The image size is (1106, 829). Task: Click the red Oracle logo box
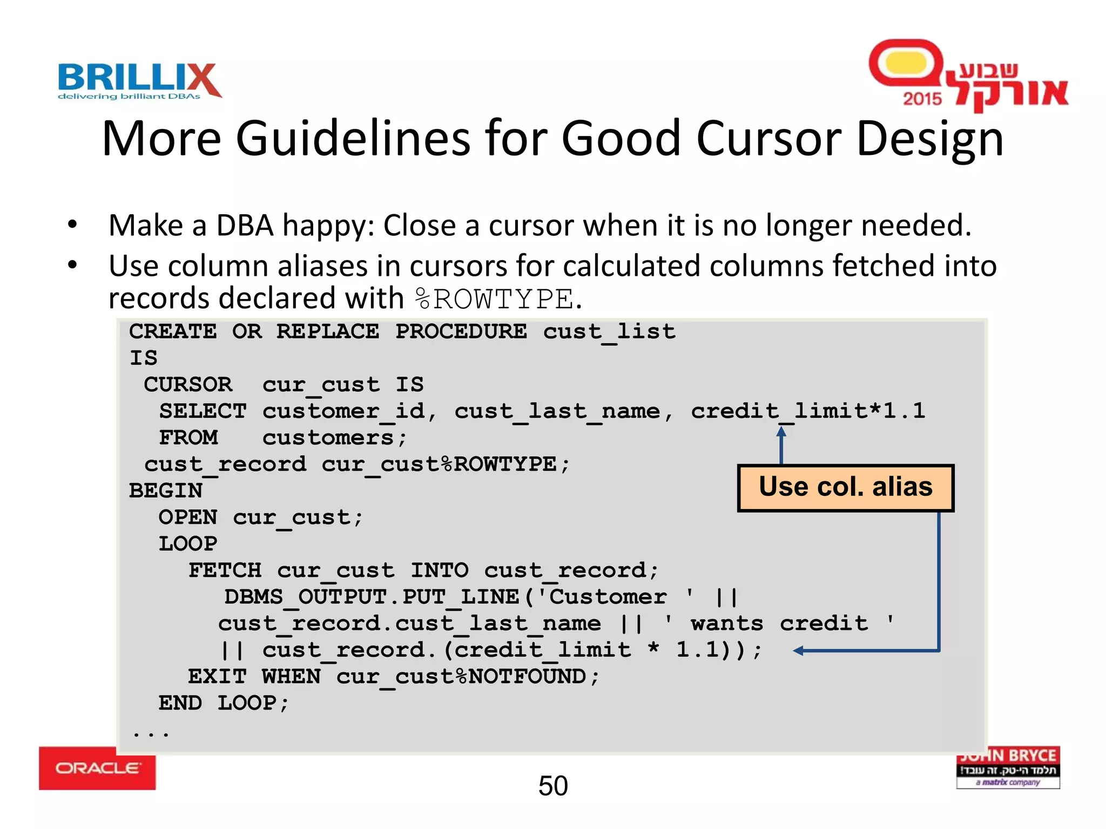pyautogui.click(x=97, y=769)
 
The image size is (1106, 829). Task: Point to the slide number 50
pyautogui.click(x=553, y=786)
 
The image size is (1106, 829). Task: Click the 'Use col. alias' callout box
pyautogui.click(x=846, y=487)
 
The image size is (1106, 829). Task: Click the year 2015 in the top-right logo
pyautogui.click(x=922, y=99)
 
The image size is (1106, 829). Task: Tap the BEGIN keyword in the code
pyautogui.click(x=166, y=491)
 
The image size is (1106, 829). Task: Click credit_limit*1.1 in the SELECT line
pyautogui.click(x=808, y=411)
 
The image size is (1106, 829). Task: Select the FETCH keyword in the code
pyautogui.click(x=225, y=570)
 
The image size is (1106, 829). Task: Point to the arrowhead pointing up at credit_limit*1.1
pyautogui.click(x=781, y=432)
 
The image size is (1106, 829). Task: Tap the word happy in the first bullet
pyautogui.click(x=328, y=226)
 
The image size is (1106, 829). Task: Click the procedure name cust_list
pyautogui.click(x=609, y=331)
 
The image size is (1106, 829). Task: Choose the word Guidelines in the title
pyautogui.click(x=353, y=139)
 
